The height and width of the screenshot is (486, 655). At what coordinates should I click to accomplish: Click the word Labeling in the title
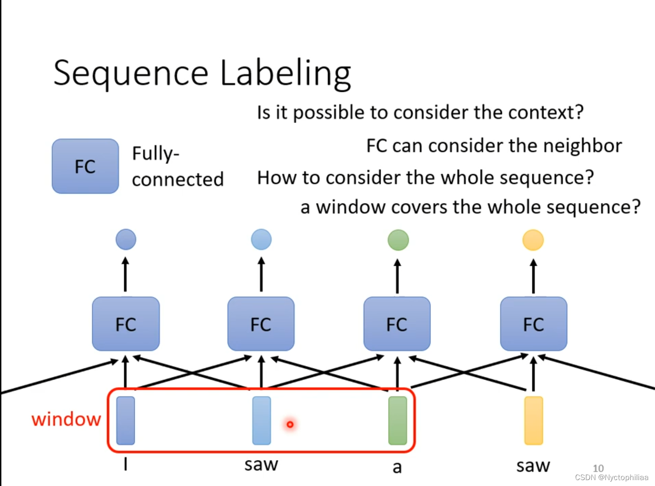tap(285, 73)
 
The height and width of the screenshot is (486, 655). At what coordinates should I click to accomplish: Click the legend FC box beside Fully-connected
tap(85, 166)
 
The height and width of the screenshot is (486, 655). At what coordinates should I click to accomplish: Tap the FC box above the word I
tap(126, 324)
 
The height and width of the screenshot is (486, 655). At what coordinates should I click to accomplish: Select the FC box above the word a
tap(397, 324)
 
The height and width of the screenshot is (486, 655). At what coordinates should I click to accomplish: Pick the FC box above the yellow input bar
tap(533, 324)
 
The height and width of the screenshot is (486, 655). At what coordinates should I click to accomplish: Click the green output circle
tap(398, 240)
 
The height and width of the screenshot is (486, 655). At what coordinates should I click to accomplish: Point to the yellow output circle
tap(533, 240)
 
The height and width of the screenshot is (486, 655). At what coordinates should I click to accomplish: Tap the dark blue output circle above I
tap(126, 240)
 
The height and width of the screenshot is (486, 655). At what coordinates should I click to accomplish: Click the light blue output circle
tap(261, 240)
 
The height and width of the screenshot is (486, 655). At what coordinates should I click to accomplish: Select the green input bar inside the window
tap(397, 421)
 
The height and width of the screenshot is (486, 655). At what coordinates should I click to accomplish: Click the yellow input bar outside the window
tap(533, 421)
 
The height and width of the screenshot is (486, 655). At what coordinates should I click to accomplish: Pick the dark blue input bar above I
tap(126, 421)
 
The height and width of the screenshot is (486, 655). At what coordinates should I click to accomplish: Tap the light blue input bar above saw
tap(262, 421)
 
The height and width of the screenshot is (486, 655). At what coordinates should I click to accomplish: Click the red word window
tap(66, 419)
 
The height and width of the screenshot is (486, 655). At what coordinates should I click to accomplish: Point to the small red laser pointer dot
tap(290, 424)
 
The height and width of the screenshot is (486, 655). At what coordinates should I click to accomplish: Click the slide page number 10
tap(598, 468)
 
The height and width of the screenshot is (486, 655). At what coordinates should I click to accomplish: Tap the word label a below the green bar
tap(397, 467)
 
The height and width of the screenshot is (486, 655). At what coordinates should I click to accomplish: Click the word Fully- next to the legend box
tap(156, 154)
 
